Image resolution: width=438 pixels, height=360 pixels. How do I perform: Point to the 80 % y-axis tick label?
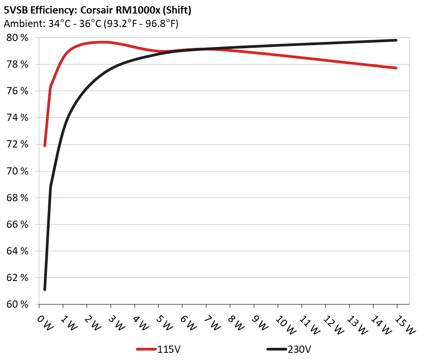(x=18, y=38)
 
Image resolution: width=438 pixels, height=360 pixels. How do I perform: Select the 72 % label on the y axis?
(x=18, y=145)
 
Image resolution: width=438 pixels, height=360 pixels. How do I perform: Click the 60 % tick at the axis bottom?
(x=18, y=305)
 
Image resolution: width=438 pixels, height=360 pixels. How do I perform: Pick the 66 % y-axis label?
(x=18, y=225)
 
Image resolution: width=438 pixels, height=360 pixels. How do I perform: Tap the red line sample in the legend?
(x=146, y=350)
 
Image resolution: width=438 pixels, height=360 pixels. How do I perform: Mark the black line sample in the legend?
(x=276, y=350)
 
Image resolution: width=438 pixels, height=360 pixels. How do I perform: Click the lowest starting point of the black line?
(x=45, y=289)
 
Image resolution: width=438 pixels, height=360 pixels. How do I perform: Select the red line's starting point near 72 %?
(x=45, y=145)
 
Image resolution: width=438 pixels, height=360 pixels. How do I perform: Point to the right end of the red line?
(x=396, y=68)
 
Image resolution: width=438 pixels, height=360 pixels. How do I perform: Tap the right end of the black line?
(x=396, y=40)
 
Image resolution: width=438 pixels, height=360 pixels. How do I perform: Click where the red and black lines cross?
(x=206, y=49)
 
